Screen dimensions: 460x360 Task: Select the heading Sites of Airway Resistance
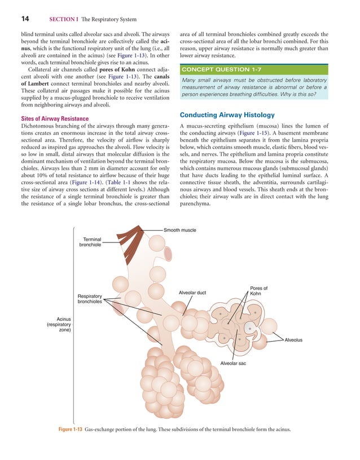tap(55, 118)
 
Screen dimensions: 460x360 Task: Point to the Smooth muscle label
tap(180, 230)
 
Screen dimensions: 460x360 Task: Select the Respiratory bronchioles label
tap(90, 299)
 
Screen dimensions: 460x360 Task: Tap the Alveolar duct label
tap(192, 293)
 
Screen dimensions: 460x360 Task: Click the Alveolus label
tap(293, 339)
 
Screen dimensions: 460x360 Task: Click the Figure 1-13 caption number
tap(70, 430)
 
